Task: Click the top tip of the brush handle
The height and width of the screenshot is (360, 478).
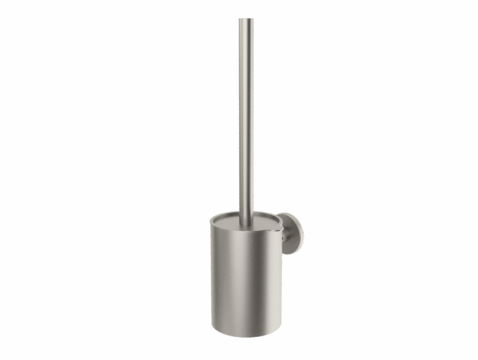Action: click(x=246, y=19)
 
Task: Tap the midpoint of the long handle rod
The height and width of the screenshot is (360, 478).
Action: click(x=246, y=118)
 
